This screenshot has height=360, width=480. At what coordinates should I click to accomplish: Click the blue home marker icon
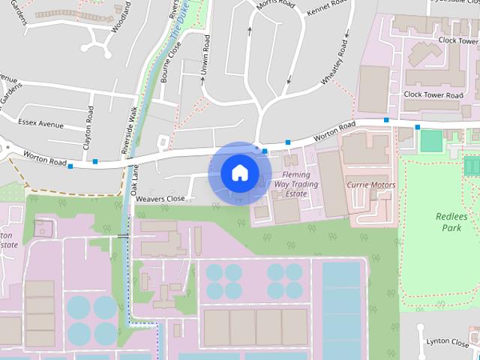pos(239,173)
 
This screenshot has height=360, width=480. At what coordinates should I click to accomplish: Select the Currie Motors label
pos(370,184)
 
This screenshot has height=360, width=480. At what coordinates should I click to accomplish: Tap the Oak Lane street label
pos(136,181)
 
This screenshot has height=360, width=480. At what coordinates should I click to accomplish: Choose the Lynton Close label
pos(447,341)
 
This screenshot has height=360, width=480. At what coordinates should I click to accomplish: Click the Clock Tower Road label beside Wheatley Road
pos(433,95)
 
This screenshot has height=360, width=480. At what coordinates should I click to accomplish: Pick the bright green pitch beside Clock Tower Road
pos(430,139)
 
